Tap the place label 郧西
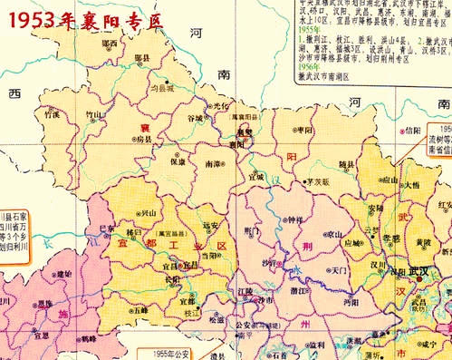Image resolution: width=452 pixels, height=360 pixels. click(x=110, y=43)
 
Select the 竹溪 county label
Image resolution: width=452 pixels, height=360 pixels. click(x=53, y=114)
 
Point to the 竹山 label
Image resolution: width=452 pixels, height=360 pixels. click(x=94, y=114)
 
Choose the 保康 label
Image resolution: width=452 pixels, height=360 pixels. click(x=178, y=162)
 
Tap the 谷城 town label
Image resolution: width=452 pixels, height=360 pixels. click(x=195, y=118)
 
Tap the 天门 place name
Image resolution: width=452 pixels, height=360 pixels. click(x=340, y=269)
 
